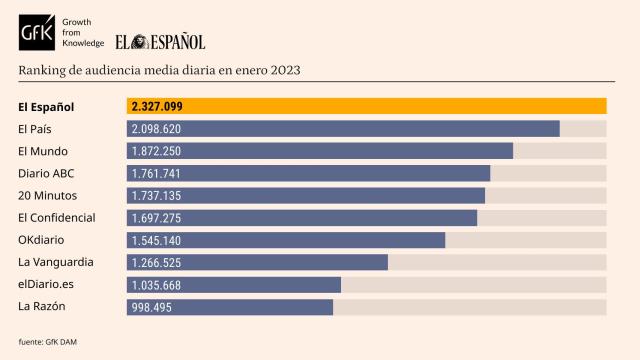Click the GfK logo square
click(x=39, y=33)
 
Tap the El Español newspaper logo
click(x=159, y=41)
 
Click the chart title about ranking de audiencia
click(x=159, y=71)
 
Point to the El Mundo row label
click(x=43, y=151)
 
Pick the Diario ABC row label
click(x=46, y=173)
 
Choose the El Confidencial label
click(x=57, y=217)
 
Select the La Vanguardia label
click(x=56, y=262)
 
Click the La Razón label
click(x=41, y=306)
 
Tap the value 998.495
click(x=153, y=307)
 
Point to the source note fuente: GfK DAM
click(x=48, y=342)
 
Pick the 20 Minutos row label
click(x=47, y=195)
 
